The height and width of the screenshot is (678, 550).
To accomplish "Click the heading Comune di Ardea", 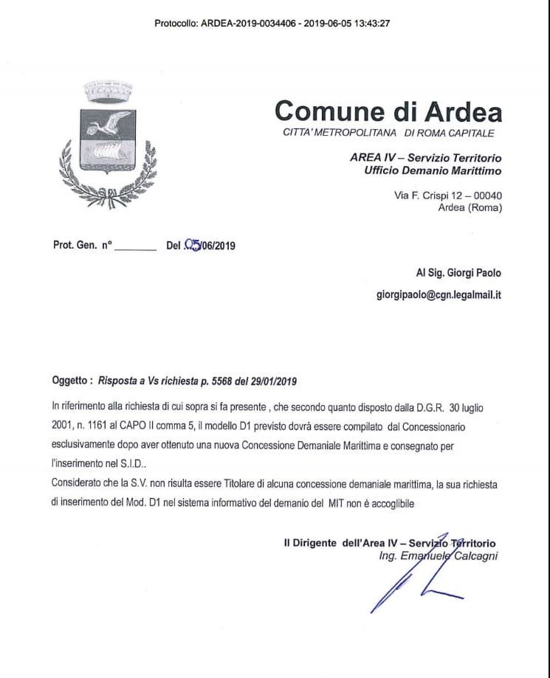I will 388,111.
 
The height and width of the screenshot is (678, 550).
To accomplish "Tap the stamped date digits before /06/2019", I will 193,246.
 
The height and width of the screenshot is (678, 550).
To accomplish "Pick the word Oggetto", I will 70,381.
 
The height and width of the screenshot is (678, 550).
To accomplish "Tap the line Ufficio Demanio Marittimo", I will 433,171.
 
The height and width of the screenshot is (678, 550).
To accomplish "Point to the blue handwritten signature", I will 413,583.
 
